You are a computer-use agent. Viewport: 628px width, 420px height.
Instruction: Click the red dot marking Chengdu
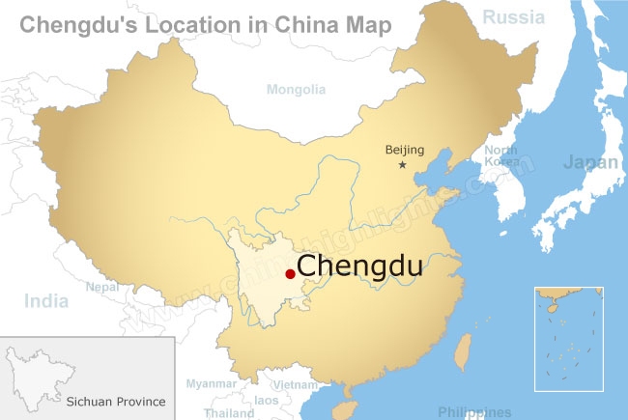(290, 274)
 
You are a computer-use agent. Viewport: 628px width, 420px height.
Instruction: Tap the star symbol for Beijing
(403, 166)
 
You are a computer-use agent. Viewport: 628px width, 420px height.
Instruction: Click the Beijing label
(404, 149)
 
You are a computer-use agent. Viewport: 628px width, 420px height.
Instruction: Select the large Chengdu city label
(359, 266)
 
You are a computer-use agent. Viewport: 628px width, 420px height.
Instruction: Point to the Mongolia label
(296, 90)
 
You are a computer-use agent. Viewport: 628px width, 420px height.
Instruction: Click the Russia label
(513, 15)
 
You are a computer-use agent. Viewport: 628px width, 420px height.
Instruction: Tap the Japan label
(590, 162)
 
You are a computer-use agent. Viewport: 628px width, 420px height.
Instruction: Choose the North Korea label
(500, 156)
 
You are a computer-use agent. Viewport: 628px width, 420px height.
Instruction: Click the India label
(46, 301)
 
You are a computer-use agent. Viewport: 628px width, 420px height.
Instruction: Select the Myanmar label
(210, 384)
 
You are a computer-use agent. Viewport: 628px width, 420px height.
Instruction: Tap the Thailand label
(228, 413)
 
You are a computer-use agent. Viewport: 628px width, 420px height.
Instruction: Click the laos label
(267, 400)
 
